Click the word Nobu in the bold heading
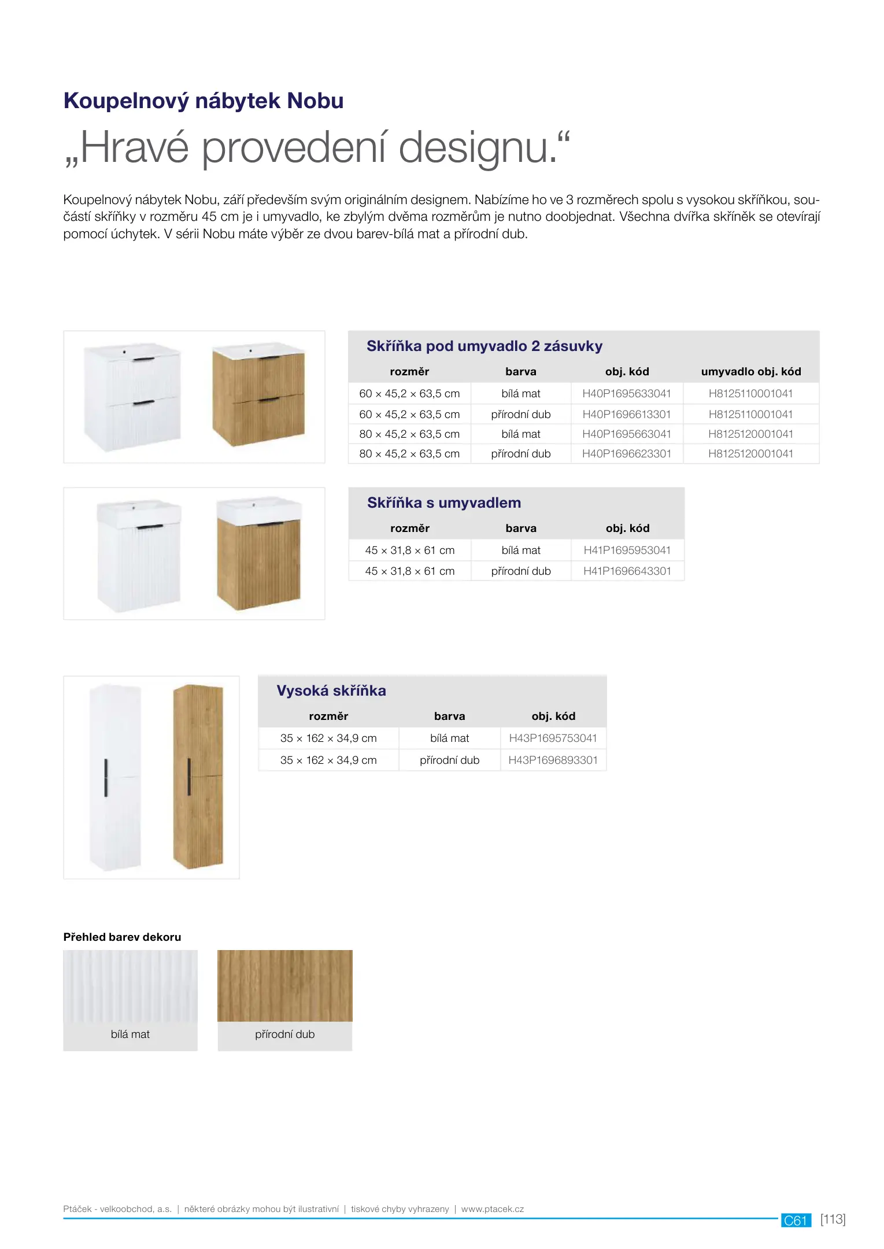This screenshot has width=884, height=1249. click(315, 101)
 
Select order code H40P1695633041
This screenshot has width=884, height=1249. click(626, 394)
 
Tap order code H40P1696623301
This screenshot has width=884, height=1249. click(626, 454)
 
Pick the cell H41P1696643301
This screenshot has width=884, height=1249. click(627, 571)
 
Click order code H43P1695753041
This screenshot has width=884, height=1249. click(553, 738)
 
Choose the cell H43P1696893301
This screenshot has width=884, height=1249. click(553, 760)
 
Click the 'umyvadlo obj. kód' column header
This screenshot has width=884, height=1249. click(750, 372)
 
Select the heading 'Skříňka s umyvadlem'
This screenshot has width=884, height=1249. click(443, 503)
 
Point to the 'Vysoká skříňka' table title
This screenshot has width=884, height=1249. click(331, 691)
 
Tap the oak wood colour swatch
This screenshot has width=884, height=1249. click(284, 985)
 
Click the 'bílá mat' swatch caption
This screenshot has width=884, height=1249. click(130, 1034)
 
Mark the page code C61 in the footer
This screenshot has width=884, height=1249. click(796, 1220)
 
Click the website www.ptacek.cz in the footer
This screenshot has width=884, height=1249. click(492, 1209)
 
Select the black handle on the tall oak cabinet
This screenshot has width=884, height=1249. click(189, 777)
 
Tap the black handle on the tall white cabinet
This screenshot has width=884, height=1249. click(106, 777)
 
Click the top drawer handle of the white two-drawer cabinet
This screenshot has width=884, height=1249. click(144, 360)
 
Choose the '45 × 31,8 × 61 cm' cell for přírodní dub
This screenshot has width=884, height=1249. click(409, 571)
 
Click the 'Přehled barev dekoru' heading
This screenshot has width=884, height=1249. click(122, 937)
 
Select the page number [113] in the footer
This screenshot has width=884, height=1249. click(833, 1220)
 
